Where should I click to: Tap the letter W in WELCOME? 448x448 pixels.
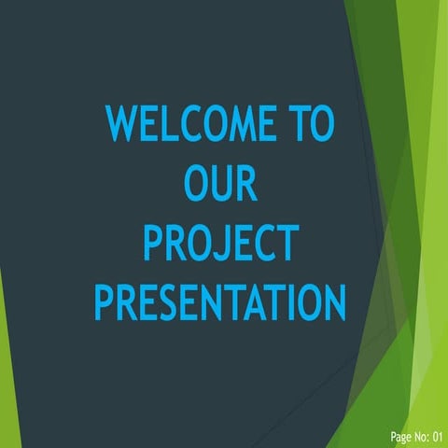(120, 124)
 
